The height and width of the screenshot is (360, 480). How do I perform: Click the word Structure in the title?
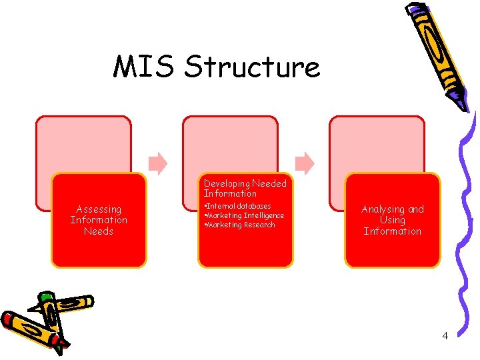[252, 67]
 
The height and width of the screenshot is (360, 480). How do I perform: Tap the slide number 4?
[445, 335]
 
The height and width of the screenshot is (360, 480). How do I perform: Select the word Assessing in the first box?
[99, 209]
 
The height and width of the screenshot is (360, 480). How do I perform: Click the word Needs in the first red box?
[99, 231]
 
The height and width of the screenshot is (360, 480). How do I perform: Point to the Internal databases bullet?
[238, 206]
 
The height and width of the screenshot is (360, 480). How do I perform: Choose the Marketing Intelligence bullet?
[245, 215]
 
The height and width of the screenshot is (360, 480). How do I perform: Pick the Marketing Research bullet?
[240, 225]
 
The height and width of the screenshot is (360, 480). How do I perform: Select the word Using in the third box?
[392, 220]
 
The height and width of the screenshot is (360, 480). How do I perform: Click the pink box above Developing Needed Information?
[230, 143]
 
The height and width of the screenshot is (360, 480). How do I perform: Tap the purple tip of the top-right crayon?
[460, 101]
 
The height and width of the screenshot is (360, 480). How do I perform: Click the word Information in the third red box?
[392, 231]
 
